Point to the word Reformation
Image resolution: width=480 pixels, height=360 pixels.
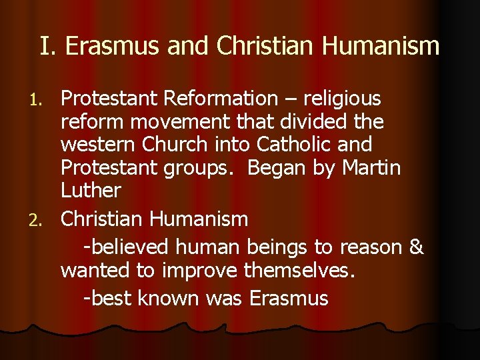coord(221,99)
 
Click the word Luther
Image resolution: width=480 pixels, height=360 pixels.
coord(91,190)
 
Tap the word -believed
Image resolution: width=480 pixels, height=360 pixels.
coord(127,247)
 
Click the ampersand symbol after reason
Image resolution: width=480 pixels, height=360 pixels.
coord(415,247)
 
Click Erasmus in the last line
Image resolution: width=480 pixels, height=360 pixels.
coord(289,297)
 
